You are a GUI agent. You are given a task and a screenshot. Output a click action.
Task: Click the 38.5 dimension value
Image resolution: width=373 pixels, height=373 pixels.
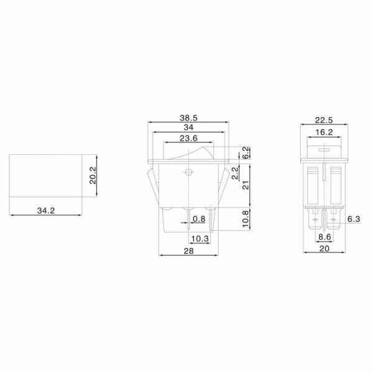(188, 117)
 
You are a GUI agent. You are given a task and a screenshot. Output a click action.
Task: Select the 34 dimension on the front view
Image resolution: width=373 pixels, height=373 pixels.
(188, 127)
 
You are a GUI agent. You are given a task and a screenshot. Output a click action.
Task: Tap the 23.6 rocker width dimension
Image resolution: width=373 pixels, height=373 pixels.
(188, 138)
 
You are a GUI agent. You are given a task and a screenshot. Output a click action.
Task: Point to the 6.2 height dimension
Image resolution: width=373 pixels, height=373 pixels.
(246, 152)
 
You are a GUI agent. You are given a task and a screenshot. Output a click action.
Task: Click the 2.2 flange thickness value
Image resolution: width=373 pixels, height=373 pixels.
(235, 173)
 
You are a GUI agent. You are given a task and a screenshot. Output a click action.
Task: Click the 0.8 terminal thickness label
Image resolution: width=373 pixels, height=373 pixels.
(199, 219)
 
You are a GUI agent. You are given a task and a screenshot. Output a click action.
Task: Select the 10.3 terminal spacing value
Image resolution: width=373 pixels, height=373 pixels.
(200, 238)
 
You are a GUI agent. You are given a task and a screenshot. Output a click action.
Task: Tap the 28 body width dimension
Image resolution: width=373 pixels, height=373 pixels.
(188, 251)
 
